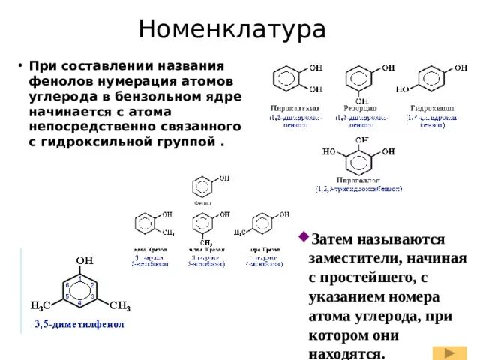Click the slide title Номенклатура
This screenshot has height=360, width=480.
tap(232, 30)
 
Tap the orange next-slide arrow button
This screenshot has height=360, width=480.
tap(449, 352)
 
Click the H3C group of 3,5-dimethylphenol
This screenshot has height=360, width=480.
tap(40, 306)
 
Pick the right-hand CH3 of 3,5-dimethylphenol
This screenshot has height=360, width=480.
tap(120, 306)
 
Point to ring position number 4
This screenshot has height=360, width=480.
tap(79, 302)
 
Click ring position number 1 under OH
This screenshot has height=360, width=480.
tap(79, 278)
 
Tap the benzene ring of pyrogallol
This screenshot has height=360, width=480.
tap(361, 157)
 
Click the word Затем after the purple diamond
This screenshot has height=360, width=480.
tap(335, 240)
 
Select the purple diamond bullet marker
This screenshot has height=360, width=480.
tap(304, 237)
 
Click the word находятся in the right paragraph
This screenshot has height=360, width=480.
tap(346, 352)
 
